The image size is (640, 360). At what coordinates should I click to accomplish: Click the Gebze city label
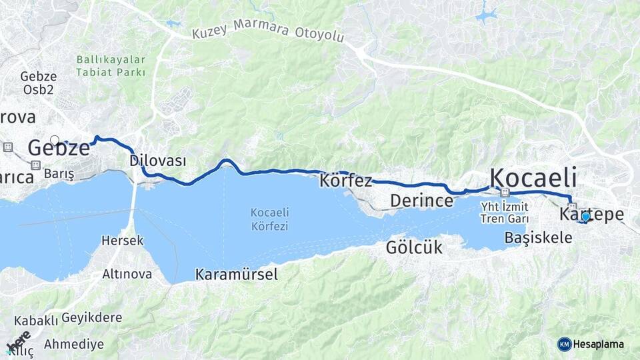tap(59, 149)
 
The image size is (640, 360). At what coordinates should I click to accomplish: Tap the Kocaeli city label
tap(533, 178)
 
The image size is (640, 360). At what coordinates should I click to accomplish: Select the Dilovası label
tap(158, 161)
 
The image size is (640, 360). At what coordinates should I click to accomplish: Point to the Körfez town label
tap(346, 181)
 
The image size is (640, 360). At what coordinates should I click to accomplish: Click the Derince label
tap(422, 200)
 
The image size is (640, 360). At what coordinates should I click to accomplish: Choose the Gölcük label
tap(414, 248)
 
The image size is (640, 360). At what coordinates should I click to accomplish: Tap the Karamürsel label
tap(237, 274)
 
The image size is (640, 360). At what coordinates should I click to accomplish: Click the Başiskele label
tap(539, 237)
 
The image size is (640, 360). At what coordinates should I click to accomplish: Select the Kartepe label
tap(592, 215)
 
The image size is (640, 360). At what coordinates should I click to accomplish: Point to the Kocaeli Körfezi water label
tap(269, 219)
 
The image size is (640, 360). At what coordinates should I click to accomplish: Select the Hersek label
tap(122, 241)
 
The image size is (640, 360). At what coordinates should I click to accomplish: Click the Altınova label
tap(127, 274)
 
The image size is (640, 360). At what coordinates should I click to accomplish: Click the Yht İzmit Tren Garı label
tap(505, 213)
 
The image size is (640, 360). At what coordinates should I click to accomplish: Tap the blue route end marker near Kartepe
tap(585, 217)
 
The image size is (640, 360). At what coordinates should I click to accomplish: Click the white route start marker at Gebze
tap(55, 140)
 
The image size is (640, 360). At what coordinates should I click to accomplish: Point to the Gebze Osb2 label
tap(38, 83)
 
